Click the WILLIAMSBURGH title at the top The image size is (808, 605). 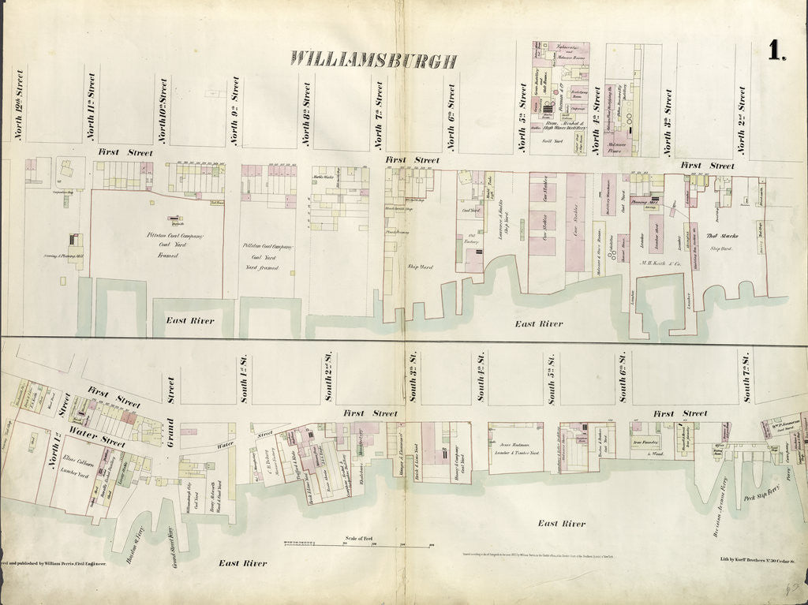pyautogui.click(x=373, y=59)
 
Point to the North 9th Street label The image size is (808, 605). pyautogui.click(x=235, y=110)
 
